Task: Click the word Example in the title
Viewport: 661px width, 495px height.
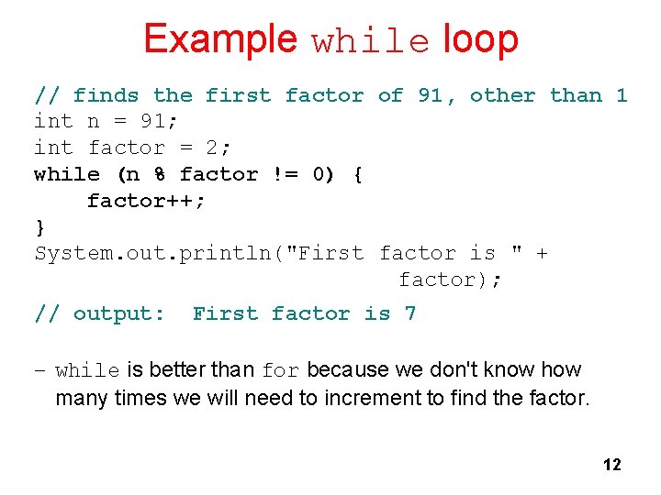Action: (219, 39)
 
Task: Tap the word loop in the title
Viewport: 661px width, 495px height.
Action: (480, 39)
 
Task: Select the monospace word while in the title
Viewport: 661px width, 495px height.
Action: (371, 42)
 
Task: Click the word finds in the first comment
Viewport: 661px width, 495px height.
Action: (106, 95)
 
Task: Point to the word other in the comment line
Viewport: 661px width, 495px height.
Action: (502, 95)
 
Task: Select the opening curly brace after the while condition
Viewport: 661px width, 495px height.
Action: (358, 174)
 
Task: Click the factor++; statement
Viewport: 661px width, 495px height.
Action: (146, 200)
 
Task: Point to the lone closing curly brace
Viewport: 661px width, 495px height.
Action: (39, 226)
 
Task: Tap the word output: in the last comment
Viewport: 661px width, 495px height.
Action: (119, 313)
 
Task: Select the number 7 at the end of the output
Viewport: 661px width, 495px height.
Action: (410, 313)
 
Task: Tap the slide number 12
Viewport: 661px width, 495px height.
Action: (611, 465)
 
